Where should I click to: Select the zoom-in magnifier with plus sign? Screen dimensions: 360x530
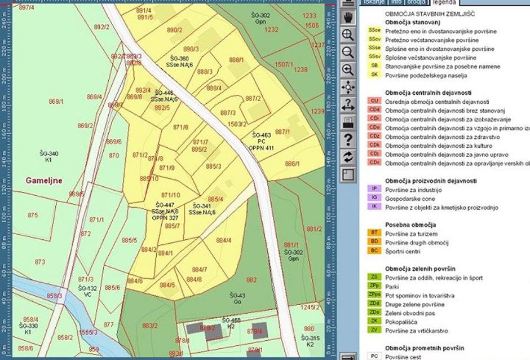pos(348,34)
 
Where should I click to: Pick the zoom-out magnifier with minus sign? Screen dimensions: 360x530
pos(348,52)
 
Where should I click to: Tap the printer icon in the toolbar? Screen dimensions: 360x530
pos(348,122)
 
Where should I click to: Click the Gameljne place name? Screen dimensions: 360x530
pos(45,181)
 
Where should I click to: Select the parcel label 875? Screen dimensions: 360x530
pos(33,215)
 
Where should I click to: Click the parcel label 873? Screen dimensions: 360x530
pos(39,262)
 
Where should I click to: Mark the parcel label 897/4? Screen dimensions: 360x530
pos(26,8)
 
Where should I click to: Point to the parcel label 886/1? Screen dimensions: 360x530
pos(292,164)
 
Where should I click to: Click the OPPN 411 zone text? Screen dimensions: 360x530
pos(261,148)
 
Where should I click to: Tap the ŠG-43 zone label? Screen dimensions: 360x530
pos(238,295)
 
